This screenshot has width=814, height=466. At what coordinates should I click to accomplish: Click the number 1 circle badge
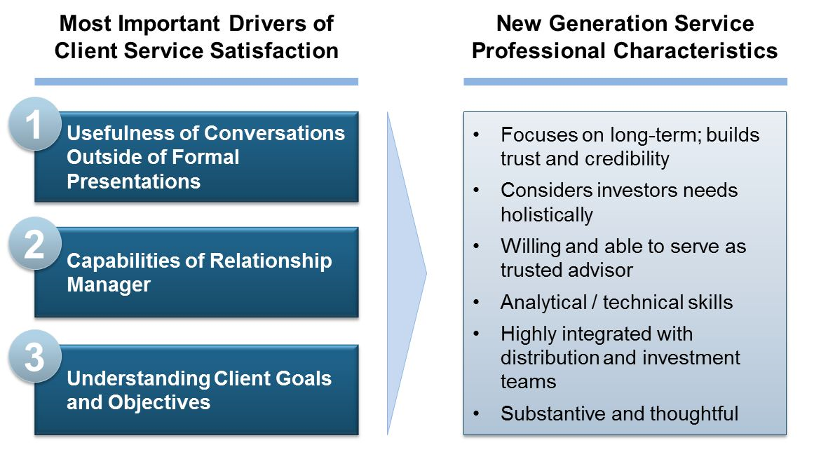click(35, 124)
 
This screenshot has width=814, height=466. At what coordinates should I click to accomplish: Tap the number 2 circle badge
click(35, 243)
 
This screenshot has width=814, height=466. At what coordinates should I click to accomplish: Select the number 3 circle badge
click(35, 357)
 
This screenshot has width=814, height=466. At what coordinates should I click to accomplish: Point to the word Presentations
click(133, 181)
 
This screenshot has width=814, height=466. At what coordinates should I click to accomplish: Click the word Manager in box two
click(109, 285)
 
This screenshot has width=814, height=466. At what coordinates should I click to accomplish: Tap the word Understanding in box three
click(138, 379)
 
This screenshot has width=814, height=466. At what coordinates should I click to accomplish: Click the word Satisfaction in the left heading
click(274, 51)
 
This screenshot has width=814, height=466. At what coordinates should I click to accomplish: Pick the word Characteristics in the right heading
click(695, 51)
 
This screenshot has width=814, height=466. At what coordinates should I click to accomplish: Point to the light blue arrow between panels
click(407, 273)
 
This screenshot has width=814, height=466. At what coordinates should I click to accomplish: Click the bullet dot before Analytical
click(476, 303)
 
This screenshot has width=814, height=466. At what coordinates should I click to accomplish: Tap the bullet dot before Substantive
click(476, 413)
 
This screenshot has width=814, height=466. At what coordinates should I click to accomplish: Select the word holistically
click(547, 215)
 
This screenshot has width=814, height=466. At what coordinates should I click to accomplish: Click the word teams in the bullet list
click(529, 382)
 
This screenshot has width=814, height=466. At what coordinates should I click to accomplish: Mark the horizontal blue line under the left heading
click(196, 81)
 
